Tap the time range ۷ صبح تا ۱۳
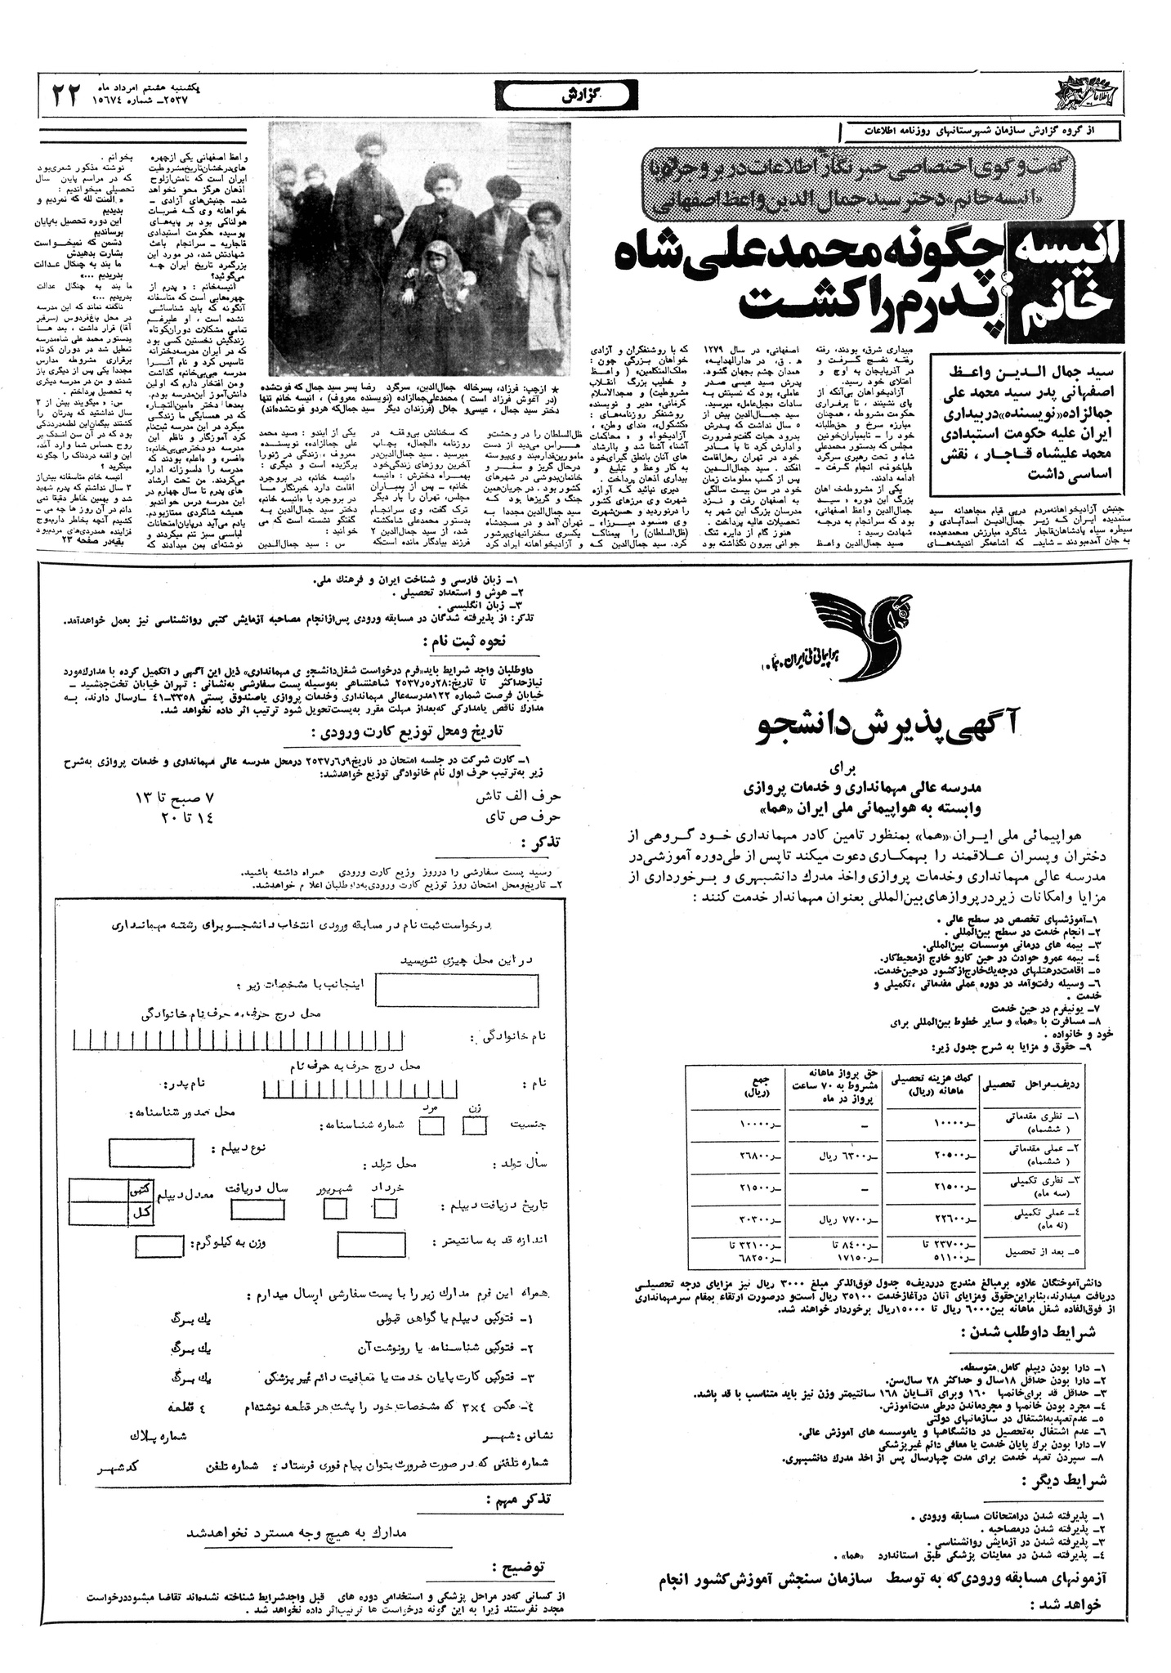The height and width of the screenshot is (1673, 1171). coord(176,797)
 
